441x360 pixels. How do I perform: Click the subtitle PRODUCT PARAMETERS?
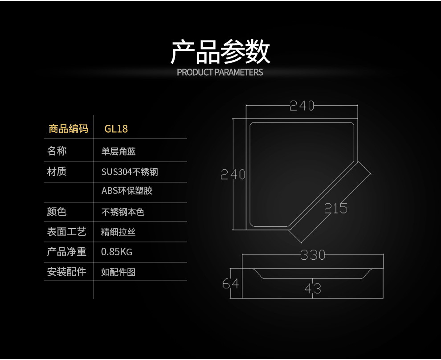(x=220, y=72)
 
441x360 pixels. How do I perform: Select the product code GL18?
(x=116, y=129)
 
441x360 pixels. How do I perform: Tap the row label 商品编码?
(x=69, y=129)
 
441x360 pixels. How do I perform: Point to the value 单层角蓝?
(x=118, y=151)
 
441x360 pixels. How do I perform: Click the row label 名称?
(x=57, y=151)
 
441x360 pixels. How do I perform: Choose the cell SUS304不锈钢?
(x=130, y=172)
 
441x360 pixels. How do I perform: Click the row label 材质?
(x=57, y=171)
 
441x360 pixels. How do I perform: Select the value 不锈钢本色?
(x=123, y=212)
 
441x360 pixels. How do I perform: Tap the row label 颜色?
(x=57, y=212)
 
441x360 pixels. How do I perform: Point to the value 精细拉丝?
(x=118, y=232)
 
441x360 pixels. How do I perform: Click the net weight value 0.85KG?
(x=117, y=252)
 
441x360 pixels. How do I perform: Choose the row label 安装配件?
(x=66, y=271)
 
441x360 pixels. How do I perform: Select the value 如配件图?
(x=118, y=272)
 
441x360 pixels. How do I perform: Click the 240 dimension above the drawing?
(x=302, y=106)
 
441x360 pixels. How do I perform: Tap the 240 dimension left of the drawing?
(x=233, y=175)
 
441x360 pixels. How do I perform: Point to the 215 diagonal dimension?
(x=335, y=208)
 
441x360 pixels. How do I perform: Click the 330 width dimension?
(x=313, y=255)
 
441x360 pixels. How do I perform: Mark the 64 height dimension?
(x=231, y=283)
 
